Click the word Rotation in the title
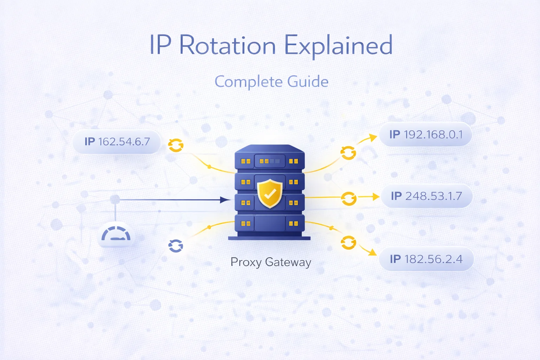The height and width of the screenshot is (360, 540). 227,46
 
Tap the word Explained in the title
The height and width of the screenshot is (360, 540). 338,46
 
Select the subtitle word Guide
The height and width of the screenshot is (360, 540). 308,82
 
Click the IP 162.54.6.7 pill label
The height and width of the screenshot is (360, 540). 117,142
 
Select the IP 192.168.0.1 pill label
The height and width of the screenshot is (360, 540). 425,134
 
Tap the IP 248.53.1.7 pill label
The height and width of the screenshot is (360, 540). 426,196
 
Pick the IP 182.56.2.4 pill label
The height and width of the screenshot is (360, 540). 426,259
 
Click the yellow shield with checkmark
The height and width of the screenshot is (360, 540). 270,193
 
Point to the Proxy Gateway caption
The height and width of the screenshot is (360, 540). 271,262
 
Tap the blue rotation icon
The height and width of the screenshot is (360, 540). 175,246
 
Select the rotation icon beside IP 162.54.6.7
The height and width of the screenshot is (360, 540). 175,145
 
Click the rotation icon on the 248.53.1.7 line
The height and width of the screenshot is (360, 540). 348,199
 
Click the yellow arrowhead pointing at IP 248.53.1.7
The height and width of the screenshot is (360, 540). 375,197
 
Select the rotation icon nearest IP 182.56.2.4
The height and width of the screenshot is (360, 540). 348,243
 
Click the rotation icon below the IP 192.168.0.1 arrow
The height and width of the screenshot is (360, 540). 348,153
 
